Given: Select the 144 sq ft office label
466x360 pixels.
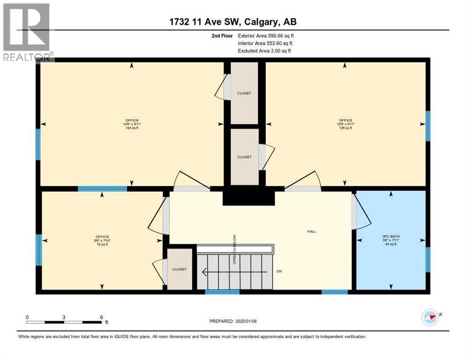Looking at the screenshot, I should coord(132,124).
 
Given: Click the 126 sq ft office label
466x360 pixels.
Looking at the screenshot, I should coord(345,124).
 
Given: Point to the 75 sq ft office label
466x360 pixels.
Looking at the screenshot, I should coord(102,240).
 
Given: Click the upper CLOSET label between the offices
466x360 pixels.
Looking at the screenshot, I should coord(244,93).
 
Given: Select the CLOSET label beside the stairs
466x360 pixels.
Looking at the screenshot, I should coord(179,269).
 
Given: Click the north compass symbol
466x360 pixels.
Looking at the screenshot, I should coord(430,317).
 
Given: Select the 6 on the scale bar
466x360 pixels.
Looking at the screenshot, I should coord(101,317).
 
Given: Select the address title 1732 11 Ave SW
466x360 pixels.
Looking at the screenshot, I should coord(233,22).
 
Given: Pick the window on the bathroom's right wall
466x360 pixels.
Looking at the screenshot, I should coord(428,260).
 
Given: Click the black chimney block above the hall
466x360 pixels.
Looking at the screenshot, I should coord(248,195).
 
